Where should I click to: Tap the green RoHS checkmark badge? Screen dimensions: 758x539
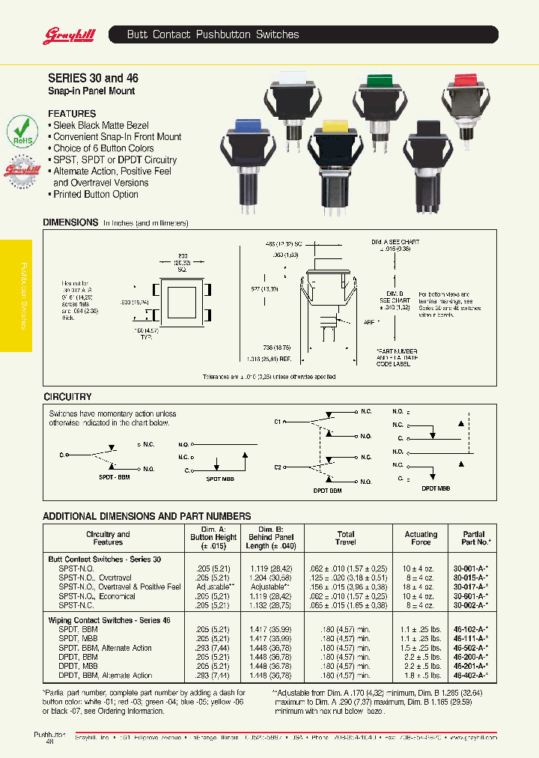(23, 130)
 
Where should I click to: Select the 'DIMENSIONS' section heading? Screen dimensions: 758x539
(70, 222)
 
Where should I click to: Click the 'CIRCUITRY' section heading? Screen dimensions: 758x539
(67, 396)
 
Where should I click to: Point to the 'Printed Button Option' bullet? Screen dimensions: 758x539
(93, 195)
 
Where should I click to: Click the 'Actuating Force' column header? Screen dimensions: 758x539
(421, 538)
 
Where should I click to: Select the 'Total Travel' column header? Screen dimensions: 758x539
(346, 538)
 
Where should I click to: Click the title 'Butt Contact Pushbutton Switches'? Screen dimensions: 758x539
(213, 34)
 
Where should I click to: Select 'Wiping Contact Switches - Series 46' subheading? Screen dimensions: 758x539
(109, 621)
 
